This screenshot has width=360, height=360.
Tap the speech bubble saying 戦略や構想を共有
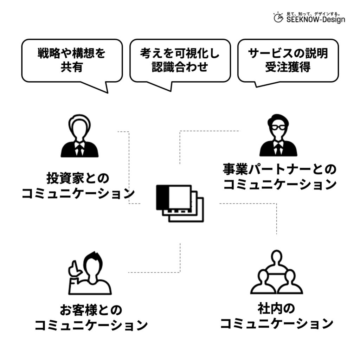point(72,60)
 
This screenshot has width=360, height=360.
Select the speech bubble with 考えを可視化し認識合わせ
point(180,60)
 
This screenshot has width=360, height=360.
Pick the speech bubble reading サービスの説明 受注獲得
point(288,60)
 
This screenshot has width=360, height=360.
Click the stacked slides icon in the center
point(179,203)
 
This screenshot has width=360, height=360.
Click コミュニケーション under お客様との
point(91,326)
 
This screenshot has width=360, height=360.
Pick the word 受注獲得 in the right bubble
point(288,67)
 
